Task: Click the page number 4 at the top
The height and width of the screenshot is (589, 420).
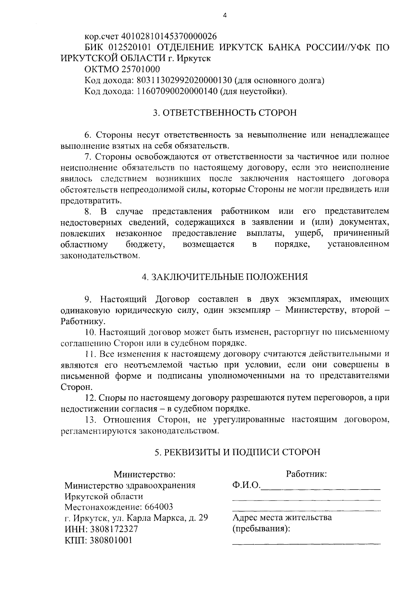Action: click(225, 15)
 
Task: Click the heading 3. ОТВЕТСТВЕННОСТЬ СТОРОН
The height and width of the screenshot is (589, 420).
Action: click(225, 113)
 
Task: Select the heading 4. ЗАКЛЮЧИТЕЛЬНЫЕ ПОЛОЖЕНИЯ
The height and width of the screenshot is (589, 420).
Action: click(225, 277)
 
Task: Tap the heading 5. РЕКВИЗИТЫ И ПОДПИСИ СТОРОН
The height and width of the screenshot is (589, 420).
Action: click(238, 452)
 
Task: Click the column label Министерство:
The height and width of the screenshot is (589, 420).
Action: click(144, 475)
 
